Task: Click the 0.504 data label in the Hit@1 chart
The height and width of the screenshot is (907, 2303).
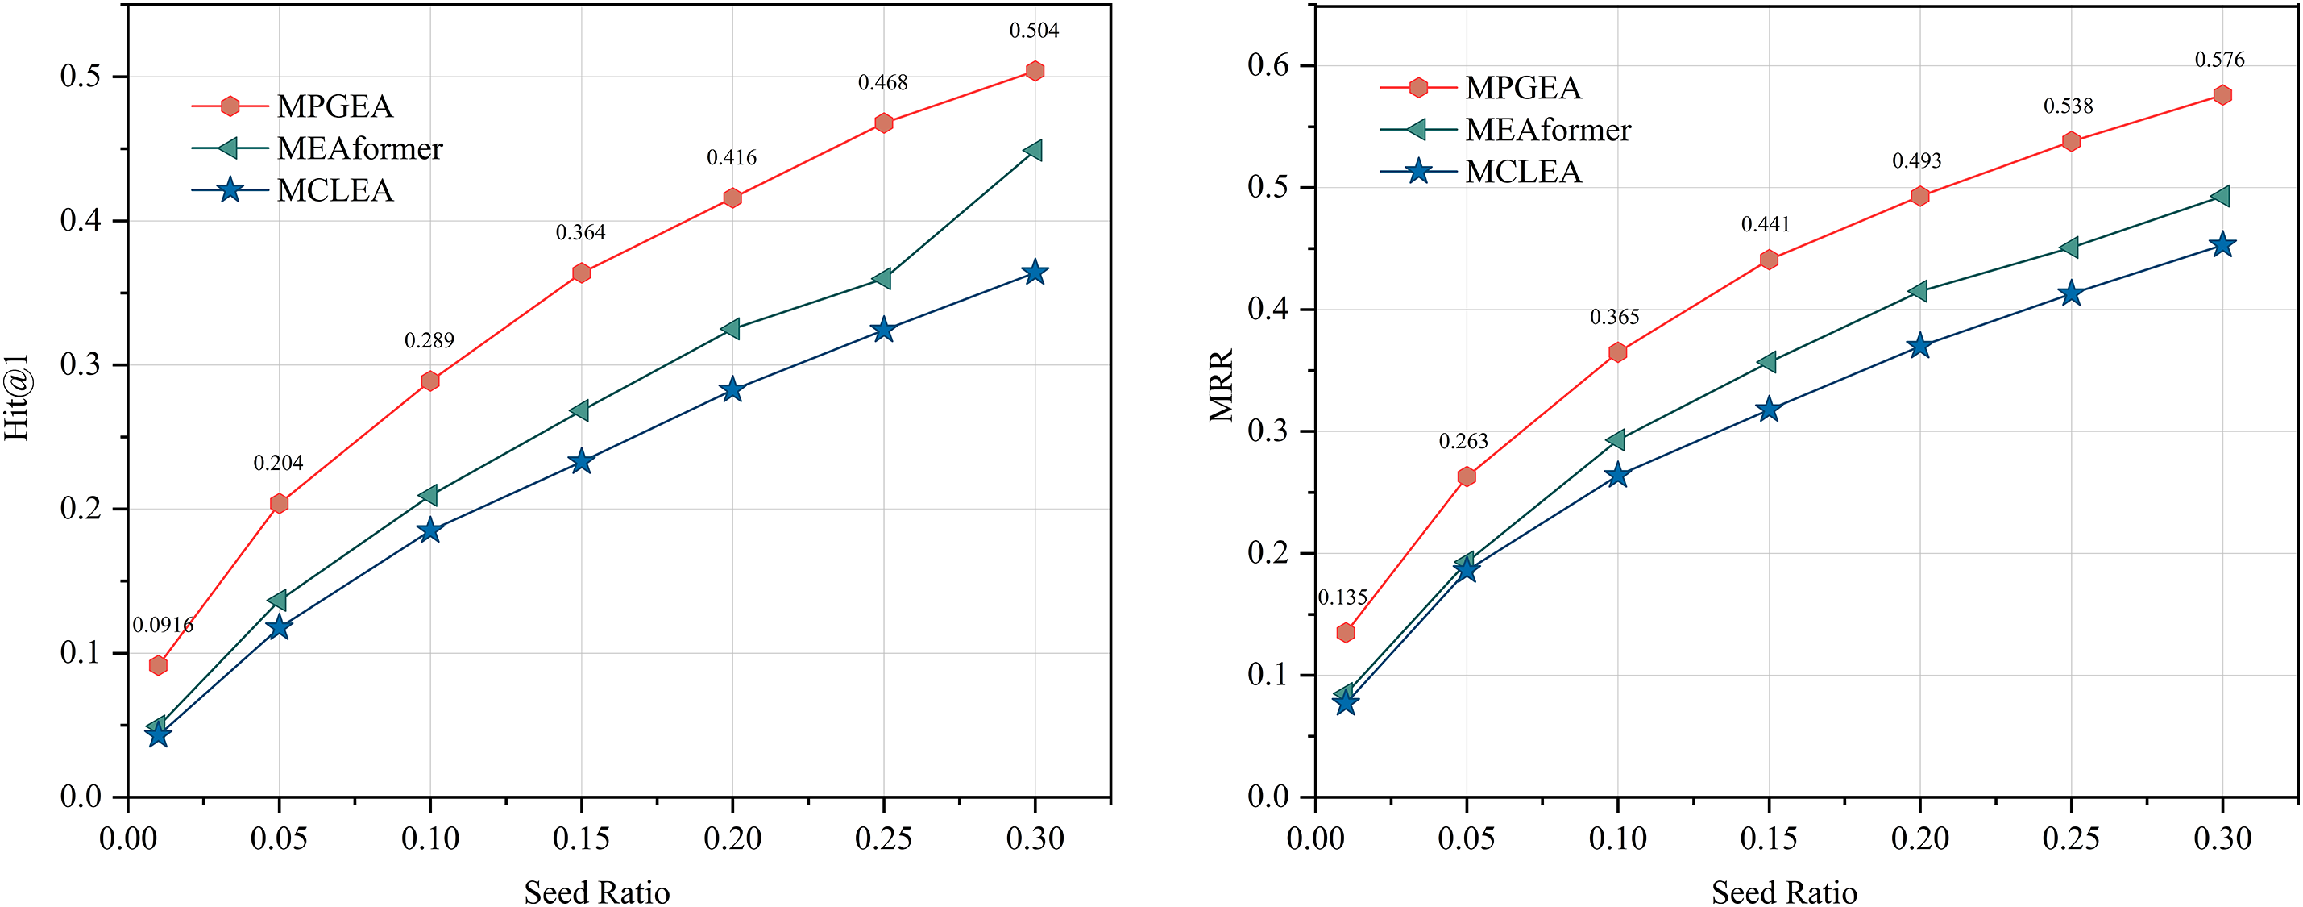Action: pos(1034,31)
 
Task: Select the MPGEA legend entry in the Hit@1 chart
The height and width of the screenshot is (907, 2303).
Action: pos(334,106)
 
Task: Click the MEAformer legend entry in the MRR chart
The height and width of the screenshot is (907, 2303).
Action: pos(1547,131)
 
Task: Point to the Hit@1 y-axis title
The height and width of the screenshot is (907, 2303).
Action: pos(18,397)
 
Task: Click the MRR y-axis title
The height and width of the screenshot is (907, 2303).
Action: pos(1222,385)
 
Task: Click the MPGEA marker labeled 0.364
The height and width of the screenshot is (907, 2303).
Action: pos(581,273)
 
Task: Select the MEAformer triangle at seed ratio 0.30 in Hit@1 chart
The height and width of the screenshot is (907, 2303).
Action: pos(1034,150)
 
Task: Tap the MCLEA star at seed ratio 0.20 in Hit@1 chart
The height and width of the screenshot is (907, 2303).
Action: pos(732,390)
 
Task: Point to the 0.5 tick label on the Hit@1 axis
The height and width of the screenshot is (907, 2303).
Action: pos(81,77)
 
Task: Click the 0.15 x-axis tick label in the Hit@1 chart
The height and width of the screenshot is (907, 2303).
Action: pos(581,839)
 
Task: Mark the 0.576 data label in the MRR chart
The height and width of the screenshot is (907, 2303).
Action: pos(2219,60)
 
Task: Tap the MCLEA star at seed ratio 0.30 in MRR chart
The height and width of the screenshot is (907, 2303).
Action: pos(2222,245)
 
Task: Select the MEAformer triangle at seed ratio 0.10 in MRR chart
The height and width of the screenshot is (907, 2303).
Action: pos(1616,440)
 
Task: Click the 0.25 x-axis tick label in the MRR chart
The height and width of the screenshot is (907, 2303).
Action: pos(2071,839)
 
